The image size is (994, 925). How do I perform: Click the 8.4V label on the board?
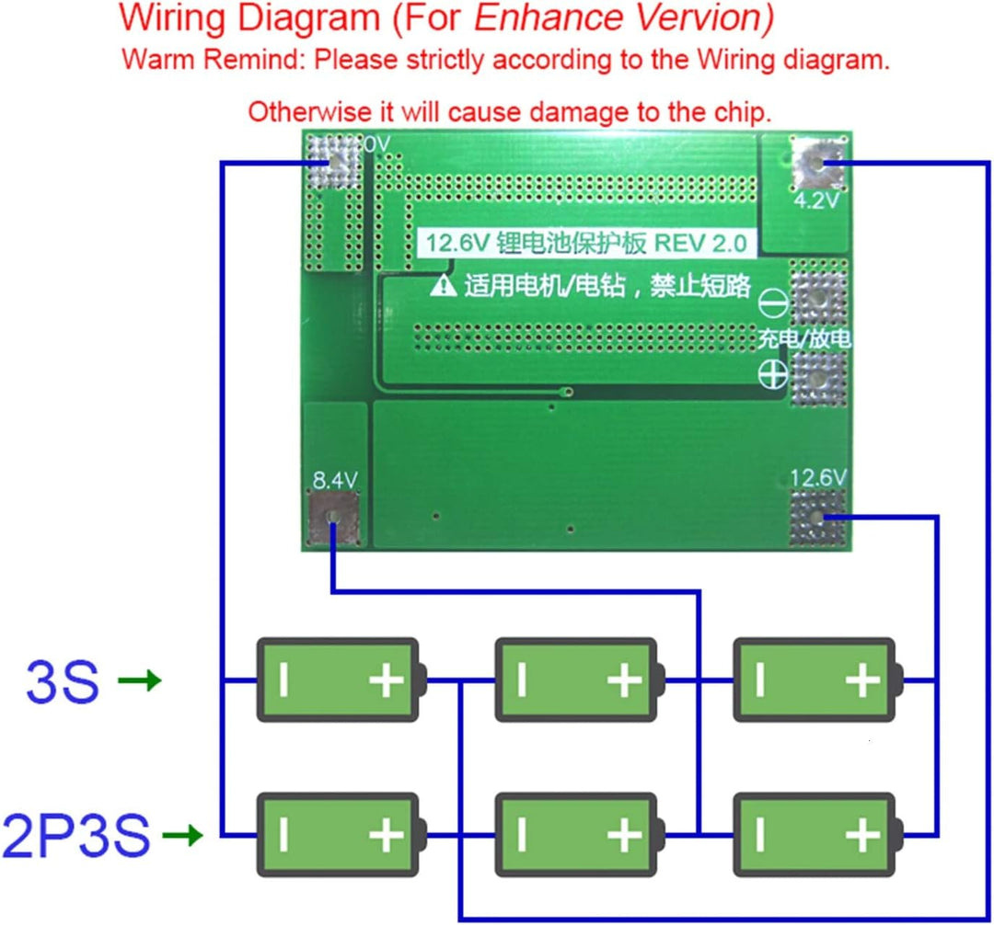pos(335,480)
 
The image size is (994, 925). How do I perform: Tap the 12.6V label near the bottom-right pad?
pos(818,477)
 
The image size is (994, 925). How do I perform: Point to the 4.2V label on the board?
pos(816,200)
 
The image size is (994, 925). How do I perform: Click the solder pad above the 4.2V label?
pos(818,163)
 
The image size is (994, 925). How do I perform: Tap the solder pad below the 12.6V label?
pos(818,518)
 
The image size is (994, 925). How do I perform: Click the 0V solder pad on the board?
pos(333,162)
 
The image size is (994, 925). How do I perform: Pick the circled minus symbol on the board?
pos(773,303)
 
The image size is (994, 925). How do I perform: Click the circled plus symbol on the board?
pos(773,375)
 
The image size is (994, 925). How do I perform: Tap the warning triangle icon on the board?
pos(443,286)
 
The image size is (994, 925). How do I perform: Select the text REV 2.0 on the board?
pos(700,243)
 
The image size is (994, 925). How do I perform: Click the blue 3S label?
pos(63,681)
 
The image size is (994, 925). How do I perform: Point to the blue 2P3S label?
pos(76,836)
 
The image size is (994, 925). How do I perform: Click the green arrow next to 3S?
pos(140,680)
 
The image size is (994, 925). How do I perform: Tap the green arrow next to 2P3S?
pos(182,835)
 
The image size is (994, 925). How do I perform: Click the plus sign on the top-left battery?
pos(387,680)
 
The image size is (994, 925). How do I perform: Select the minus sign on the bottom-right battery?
pos(760,835)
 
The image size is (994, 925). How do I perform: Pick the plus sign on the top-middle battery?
pos(625,680)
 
